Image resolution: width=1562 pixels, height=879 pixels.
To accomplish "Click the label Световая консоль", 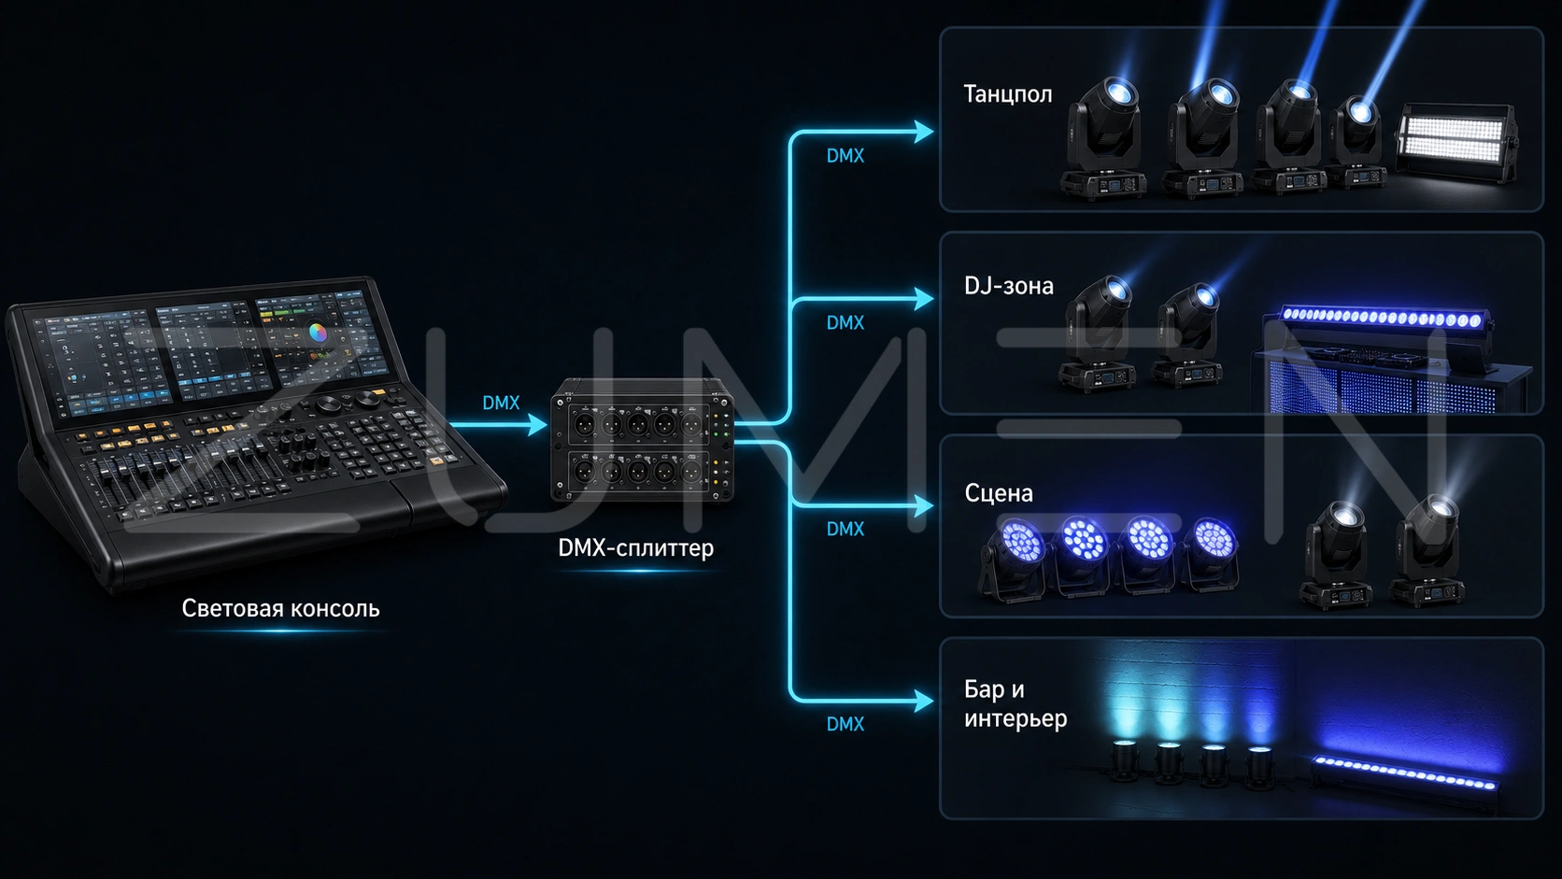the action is (x=280, y=608).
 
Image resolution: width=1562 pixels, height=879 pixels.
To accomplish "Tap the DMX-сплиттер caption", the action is (x=635, y=548).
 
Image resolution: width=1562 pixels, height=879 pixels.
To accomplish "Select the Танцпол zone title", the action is (x=1008, y=94).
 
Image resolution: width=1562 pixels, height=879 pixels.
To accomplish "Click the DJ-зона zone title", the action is (x=1008, y=286).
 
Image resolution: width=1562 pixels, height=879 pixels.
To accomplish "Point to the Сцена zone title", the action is (x=999, y=493).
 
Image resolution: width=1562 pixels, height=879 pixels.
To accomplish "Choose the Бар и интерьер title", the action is (x=1015, y=704).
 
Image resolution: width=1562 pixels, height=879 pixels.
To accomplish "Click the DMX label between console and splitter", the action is (x=501, y=403).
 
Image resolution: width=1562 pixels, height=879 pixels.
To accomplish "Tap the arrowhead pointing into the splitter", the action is (x=537, y=424).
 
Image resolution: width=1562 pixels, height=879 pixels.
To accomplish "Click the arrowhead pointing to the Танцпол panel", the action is (x=924, y=131).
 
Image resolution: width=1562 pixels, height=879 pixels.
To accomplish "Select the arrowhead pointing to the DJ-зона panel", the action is (x=924, y=298).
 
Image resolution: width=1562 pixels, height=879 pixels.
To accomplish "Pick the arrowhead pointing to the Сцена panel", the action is (x=924, y=505).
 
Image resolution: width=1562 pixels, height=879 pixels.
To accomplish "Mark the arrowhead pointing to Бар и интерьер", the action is (x=924, y=701).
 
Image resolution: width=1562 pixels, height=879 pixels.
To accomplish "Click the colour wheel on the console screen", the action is (x=318, y=333).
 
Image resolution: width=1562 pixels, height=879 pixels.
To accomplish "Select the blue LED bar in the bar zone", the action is (x=1404, y=773).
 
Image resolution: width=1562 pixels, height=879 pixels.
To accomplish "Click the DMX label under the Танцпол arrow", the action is (x=845, y=155).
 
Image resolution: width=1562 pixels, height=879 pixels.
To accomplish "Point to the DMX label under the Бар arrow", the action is (x=845, y=724).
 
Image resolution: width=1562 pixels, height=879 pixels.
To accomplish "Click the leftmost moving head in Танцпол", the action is (x=1103, y=139).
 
